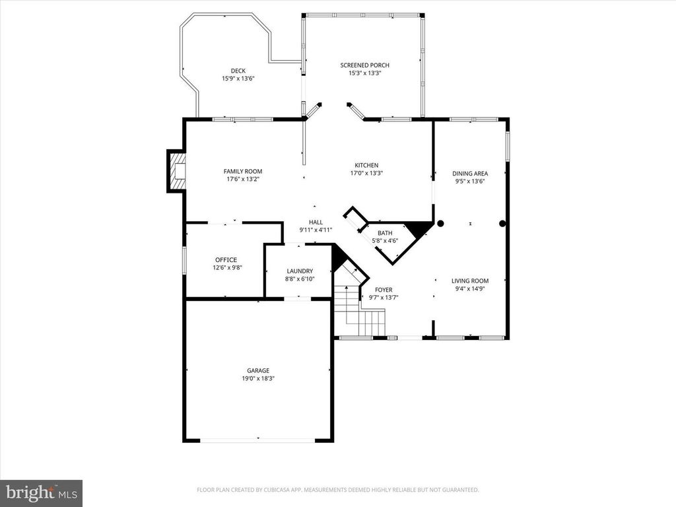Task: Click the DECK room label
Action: point(238,71)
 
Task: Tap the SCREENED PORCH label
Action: point(364,65)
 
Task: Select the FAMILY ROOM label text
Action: point(242,172)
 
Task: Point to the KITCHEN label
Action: point(366,165)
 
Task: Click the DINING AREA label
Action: point(470,174)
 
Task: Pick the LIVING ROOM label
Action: point(470,281)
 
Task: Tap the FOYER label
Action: point(384,290)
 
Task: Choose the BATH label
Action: point(385,233)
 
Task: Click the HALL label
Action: point(316,222)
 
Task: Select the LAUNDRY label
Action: point(300,271)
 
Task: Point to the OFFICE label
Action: point(225,260)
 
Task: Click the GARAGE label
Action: point(258,370)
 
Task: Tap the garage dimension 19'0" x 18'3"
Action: point(258,378)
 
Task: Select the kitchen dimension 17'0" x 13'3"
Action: point(366,173)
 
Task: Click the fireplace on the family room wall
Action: point(177,171)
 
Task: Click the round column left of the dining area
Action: point(440,224)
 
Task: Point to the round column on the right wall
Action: point(502,224)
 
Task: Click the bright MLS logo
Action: point(41,492)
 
